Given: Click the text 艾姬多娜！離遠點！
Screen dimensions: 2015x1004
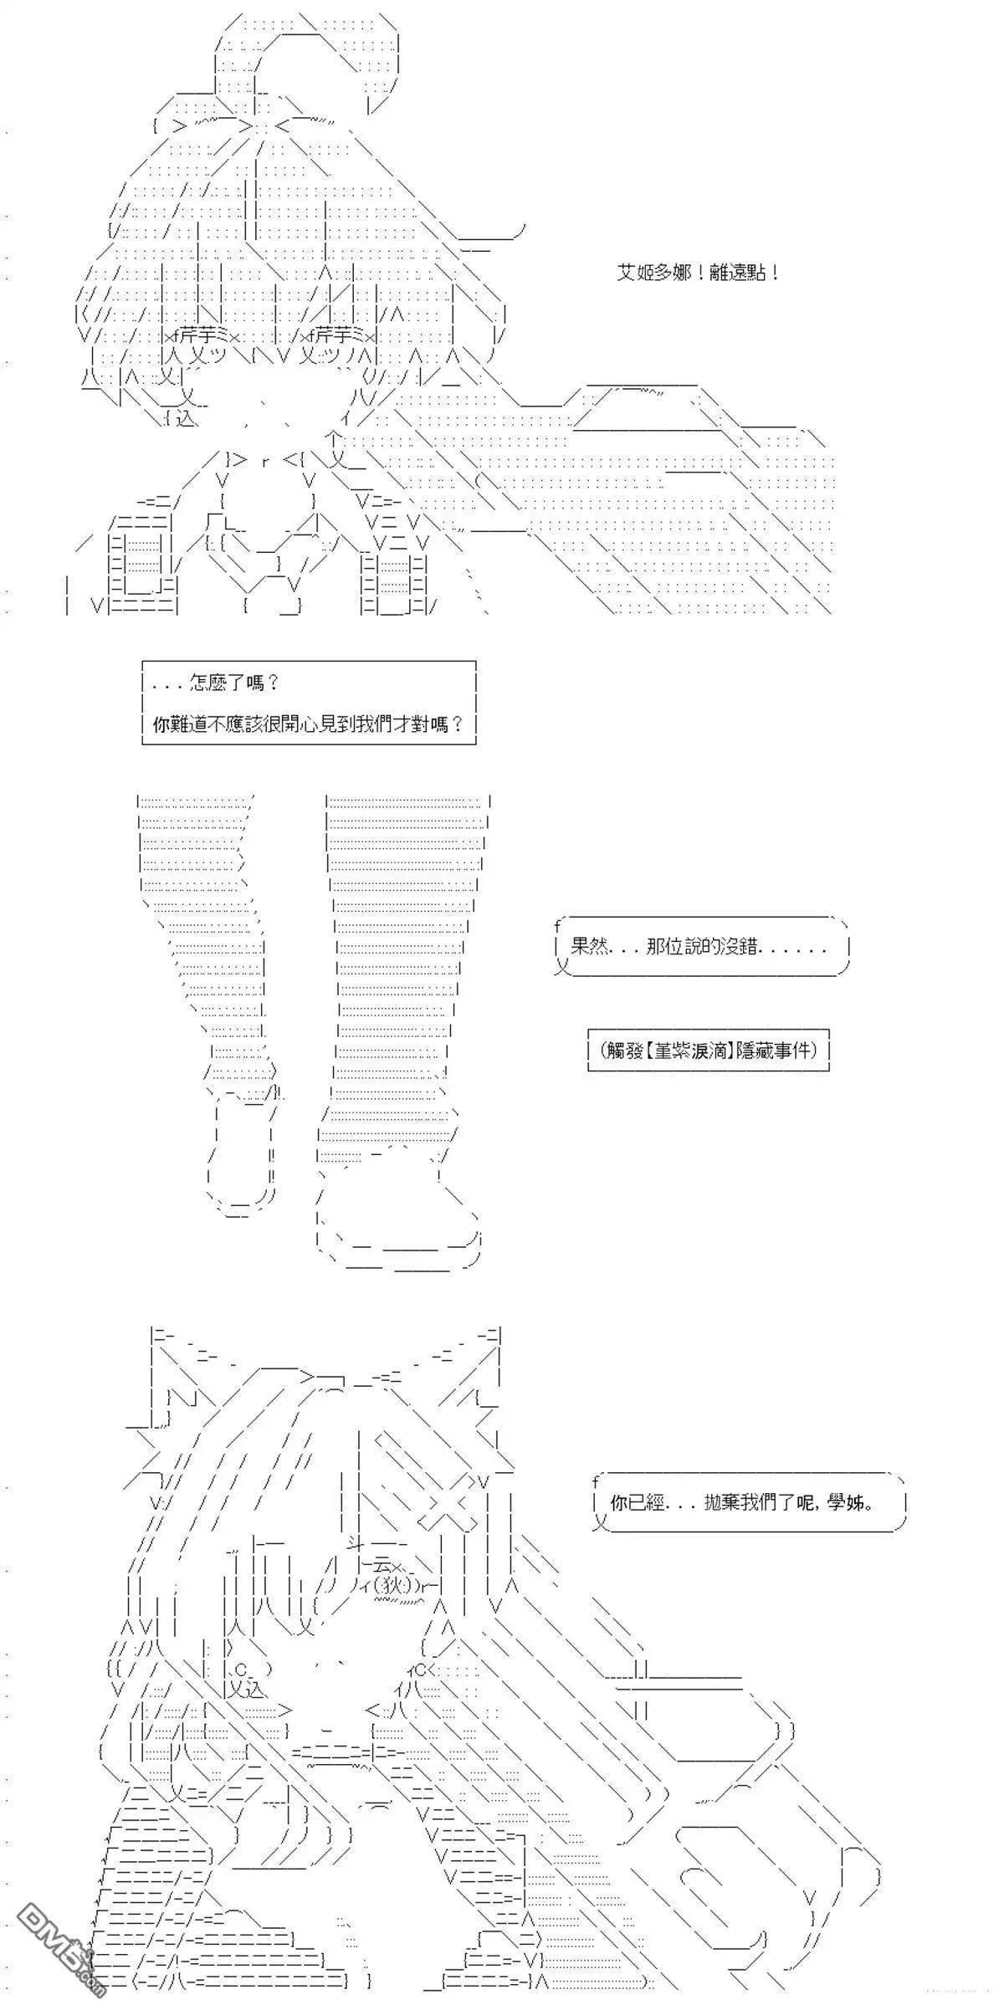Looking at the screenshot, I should (x=699, y=274).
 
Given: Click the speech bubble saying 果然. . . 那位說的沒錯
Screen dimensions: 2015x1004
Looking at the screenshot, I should (x=701, y=948).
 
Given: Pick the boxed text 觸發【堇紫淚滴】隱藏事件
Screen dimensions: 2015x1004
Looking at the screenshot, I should (x=708, y=1051).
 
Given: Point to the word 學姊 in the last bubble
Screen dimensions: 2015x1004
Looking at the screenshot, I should (x=853, y=1502).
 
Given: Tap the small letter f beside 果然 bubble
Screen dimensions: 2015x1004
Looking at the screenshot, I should (x=556, y=926).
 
